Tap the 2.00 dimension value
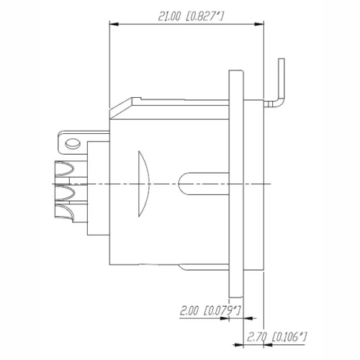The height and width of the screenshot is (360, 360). (x=189, y=311)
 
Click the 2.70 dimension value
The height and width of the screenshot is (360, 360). (x=256, y=336)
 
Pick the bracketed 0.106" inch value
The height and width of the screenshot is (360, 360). (x=289, y=336)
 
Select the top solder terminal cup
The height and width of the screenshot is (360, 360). (x=64, y=171)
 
